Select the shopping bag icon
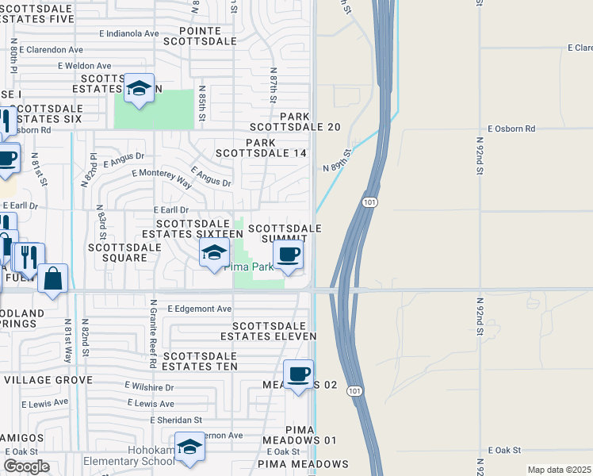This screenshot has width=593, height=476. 52,279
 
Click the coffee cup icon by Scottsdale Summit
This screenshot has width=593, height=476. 288,255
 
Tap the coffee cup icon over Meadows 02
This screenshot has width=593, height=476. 298,374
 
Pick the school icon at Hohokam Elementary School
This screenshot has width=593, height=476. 189,448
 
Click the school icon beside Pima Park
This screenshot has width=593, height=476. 212,254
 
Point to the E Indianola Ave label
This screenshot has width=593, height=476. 128,34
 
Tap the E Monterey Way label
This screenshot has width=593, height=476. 162,177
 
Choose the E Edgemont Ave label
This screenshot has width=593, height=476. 199,309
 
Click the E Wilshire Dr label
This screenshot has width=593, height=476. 149,387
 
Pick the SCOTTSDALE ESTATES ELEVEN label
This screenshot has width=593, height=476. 274,331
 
